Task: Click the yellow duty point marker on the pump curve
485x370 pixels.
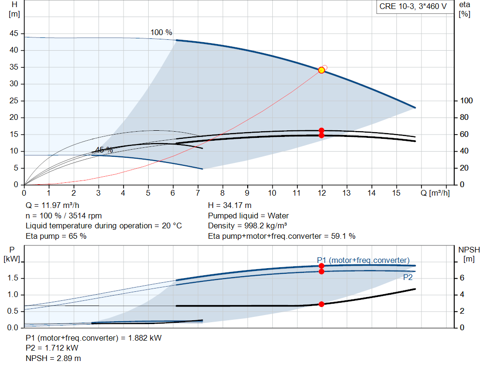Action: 322,70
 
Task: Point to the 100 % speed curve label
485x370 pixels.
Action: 162,33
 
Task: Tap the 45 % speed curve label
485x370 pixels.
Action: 104,150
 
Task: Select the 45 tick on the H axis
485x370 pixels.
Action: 14,34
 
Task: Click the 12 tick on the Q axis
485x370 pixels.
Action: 323,193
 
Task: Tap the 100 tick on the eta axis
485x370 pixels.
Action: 467,101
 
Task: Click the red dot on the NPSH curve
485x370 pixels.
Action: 322,304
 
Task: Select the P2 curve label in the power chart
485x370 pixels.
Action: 408,278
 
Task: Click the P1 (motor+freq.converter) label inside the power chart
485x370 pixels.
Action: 363,260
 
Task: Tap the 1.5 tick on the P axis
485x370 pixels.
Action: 13,278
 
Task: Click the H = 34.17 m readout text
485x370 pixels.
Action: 231,206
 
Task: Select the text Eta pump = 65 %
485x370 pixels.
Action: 56,235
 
